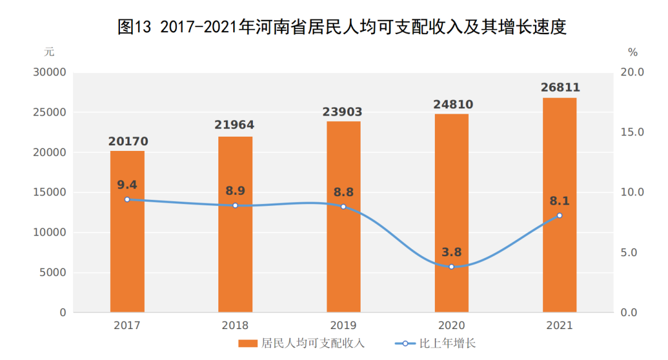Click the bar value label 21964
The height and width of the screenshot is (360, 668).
click(x=235, y=125)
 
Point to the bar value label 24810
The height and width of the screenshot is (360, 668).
click(x=452, y=103)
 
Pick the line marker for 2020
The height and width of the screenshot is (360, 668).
click(x=452, y=267)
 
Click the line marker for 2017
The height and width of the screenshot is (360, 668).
click(x=127, y=199)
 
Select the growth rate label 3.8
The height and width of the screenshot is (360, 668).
click(x=452, y=252)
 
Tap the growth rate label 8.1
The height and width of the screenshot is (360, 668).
click(x=559, y=200)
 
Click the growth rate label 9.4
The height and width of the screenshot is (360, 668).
click(x=127, y=184)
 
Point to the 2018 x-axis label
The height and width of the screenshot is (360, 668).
click(x=235, y=325)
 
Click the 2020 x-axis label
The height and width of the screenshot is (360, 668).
click(x=452, y=325)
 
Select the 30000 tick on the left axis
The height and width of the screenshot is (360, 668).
click(x=49, y=72)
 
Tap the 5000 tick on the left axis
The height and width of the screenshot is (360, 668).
click(x=53, y=273)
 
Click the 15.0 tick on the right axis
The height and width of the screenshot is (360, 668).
click(x=632, y=132)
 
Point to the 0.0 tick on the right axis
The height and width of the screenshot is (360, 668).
click(x=632, y=313)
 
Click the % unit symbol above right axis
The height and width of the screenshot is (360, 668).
click(x=632, y=52)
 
